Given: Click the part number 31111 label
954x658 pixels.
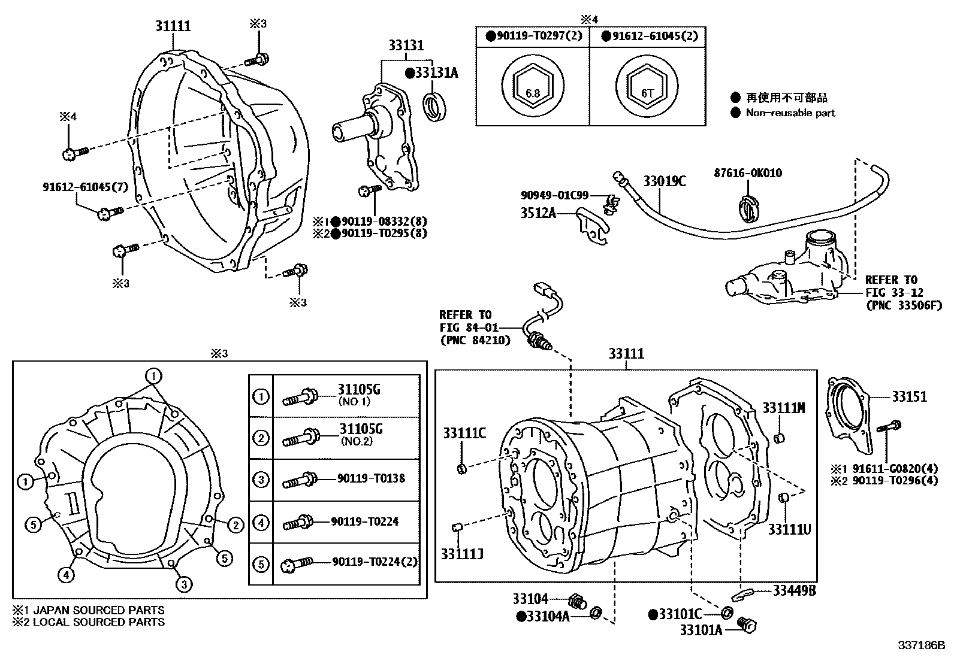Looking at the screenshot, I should click(x=173, y=26).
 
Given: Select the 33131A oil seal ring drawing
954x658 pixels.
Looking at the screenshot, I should click(x=434, y=105).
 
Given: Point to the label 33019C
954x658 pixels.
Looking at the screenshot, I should click(x=664, y=180).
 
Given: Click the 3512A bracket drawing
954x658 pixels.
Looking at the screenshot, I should click(x=592, y=226).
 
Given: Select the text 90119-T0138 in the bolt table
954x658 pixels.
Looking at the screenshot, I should click(x=370, y=478).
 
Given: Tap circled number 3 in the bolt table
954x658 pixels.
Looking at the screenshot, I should click(x=261, y=480).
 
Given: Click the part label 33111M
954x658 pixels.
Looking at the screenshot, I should click(x=783, y=408).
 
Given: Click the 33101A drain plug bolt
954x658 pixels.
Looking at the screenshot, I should click(x=747, y=625).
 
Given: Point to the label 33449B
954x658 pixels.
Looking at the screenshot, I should click(x=793, y=590).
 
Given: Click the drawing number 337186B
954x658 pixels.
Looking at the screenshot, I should click(x=920, y=645).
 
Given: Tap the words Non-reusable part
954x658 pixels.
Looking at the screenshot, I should click(x=790, y=113).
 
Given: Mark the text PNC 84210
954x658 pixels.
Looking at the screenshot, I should click(x=475, y=340).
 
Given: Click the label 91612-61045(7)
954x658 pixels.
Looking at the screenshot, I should click(x=86, y=187).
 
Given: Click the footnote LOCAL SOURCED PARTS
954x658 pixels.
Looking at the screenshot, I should click(x=99, y=621).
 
